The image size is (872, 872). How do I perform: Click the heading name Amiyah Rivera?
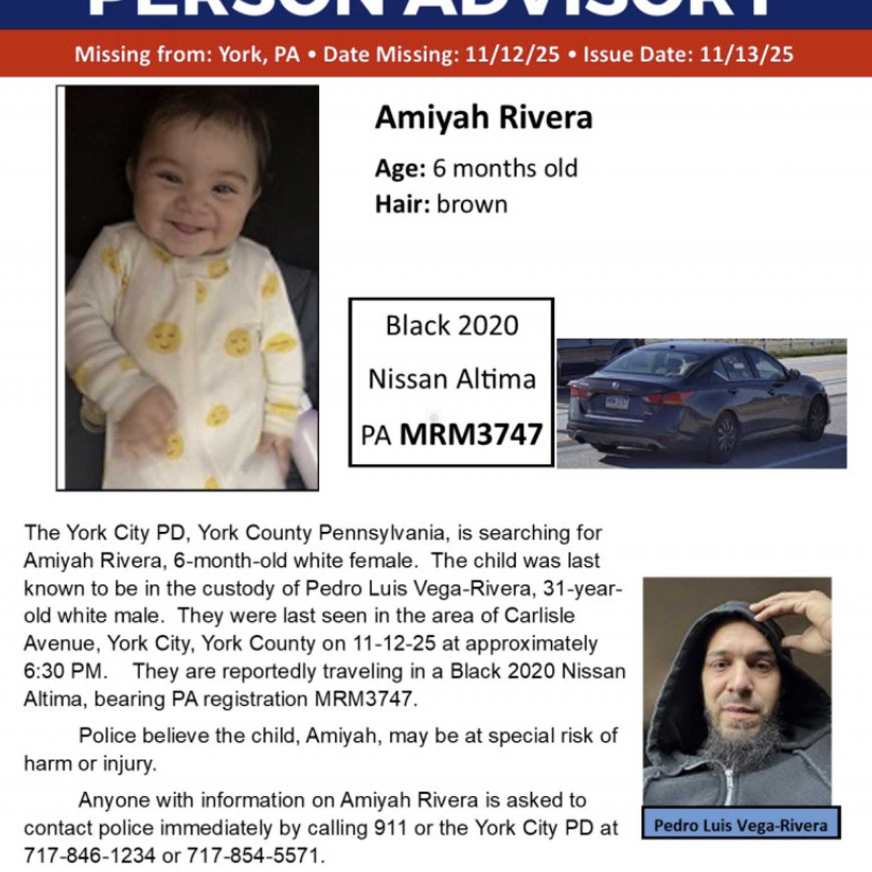(484, 118)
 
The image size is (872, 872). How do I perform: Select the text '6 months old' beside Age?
(505, 168)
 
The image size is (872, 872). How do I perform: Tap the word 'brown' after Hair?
(472, 204)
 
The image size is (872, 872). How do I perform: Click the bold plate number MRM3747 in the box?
(471, 434)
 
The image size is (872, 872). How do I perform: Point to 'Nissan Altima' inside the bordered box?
(452, 379)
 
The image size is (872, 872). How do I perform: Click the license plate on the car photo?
(616, 401)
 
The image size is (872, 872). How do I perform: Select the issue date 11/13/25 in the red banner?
(746, 54)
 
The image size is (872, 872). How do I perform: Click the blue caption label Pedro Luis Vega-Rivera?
(741, 825)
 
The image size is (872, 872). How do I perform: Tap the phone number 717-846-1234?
(90, 855)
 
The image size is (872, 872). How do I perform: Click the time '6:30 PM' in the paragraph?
(65, 671)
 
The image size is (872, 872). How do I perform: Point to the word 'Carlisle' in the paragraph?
(539, 616)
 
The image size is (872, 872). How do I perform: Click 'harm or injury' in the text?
(90, 764)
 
